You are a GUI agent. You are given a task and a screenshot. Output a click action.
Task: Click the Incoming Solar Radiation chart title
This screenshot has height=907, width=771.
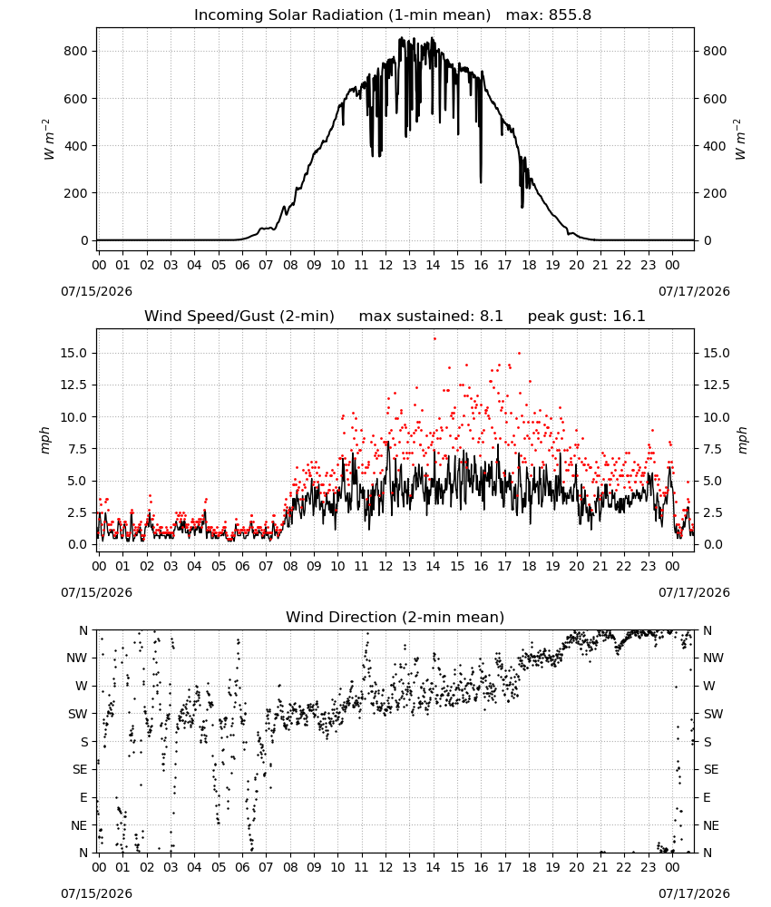(342, 15)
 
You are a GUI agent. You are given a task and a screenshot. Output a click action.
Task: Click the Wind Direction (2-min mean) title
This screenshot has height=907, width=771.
(395, 617)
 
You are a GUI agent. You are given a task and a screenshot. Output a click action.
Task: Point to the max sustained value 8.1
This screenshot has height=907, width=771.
(491, 317)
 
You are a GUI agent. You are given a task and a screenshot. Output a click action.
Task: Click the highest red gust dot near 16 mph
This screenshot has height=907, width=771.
(434, 339)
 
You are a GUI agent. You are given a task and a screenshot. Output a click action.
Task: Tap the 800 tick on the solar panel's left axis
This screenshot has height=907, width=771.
(76, 51)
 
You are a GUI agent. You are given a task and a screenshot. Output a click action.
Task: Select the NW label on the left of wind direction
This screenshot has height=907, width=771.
(77, 658)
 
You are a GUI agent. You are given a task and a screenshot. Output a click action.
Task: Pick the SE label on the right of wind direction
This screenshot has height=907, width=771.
(711, 769)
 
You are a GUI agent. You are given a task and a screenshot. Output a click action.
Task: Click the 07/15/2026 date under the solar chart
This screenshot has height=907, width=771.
(96, 291)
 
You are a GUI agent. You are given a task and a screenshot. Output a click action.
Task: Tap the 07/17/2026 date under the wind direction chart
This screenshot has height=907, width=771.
(694, 893)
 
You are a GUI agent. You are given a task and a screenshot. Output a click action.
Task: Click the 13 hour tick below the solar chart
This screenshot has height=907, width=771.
(409, 266)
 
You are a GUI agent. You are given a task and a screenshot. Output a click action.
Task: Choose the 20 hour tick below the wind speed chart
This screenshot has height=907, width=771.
(576, 566)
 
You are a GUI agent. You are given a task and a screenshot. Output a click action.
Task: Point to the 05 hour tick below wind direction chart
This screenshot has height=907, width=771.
(218, 868)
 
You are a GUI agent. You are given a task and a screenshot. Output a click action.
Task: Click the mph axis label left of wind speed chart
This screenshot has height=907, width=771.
(45, 440)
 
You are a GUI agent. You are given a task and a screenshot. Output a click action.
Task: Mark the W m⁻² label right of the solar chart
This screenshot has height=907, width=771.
(741, 140)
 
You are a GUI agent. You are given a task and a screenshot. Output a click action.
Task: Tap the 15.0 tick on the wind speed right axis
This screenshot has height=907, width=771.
(716, 353)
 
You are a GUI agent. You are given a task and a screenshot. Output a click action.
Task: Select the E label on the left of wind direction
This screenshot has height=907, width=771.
(83, 797)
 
